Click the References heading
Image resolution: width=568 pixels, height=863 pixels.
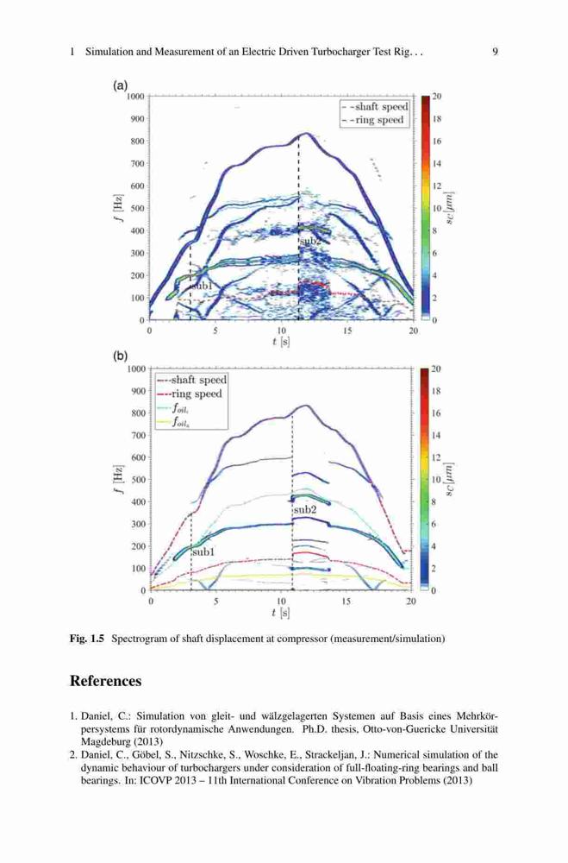pos(105,681)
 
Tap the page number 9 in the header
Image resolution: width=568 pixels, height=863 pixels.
pos(495,53)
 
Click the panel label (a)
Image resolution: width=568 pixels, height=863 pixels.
pos(120,85)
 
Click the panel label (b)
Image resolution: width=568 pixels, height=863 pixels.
pos(120,356)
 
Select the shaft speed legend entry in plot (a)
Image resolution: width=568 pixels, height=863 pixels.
pos(376,107)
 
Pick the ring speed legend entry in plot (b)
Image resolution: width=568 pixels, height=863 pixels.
pos(190,394)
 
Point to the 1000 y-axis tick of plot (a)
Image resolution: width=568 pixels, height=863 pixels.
pos(135,97)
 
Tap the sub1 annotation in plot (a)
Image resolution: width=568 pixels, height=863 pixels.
pos(201,287)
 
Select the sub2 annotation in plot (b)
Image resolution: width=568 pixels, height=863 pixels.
pos(305,510)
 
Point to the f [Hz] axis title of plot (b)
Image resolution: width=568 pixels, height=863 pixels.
pos(119,479)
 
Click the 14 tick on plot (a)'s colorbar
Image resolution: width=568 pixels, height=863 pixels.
pos(437,163)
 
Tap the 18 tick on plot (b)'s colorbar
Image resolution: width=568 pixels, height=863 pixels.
pos(437,391)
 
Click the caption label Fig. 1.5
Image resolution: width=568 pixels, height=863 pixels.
pos(87,639)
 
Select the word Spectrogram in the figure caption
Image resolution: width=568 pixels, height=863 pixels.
pos(134,639)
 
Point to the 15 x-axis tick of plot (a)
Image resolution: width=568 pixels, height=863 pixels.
pos(347,331)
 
